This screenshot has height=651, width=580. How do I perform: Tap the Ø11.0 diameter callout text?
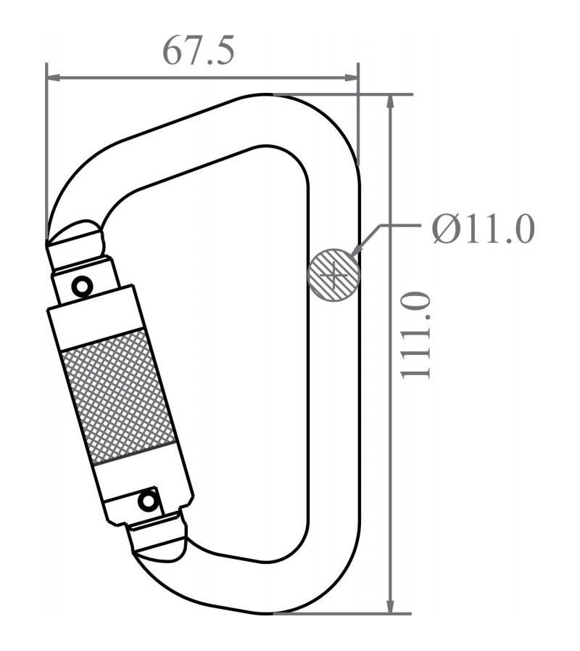(483, 230)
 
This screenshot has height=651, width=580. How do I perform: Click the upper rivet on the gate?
(83, 286)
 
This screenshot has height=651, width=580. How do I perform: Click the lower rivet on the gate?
(149, 500)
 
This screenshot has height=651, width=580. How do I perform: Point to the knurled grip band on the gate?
(118, 396)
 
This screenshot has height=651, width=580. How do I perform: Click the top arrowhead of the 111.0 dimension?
(391, 102)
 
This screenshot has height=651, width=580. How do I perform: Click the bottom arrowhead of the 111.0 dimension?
(391, 606)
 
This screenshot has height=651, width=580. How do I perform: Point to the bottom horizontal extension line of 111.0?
(341, 613)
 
